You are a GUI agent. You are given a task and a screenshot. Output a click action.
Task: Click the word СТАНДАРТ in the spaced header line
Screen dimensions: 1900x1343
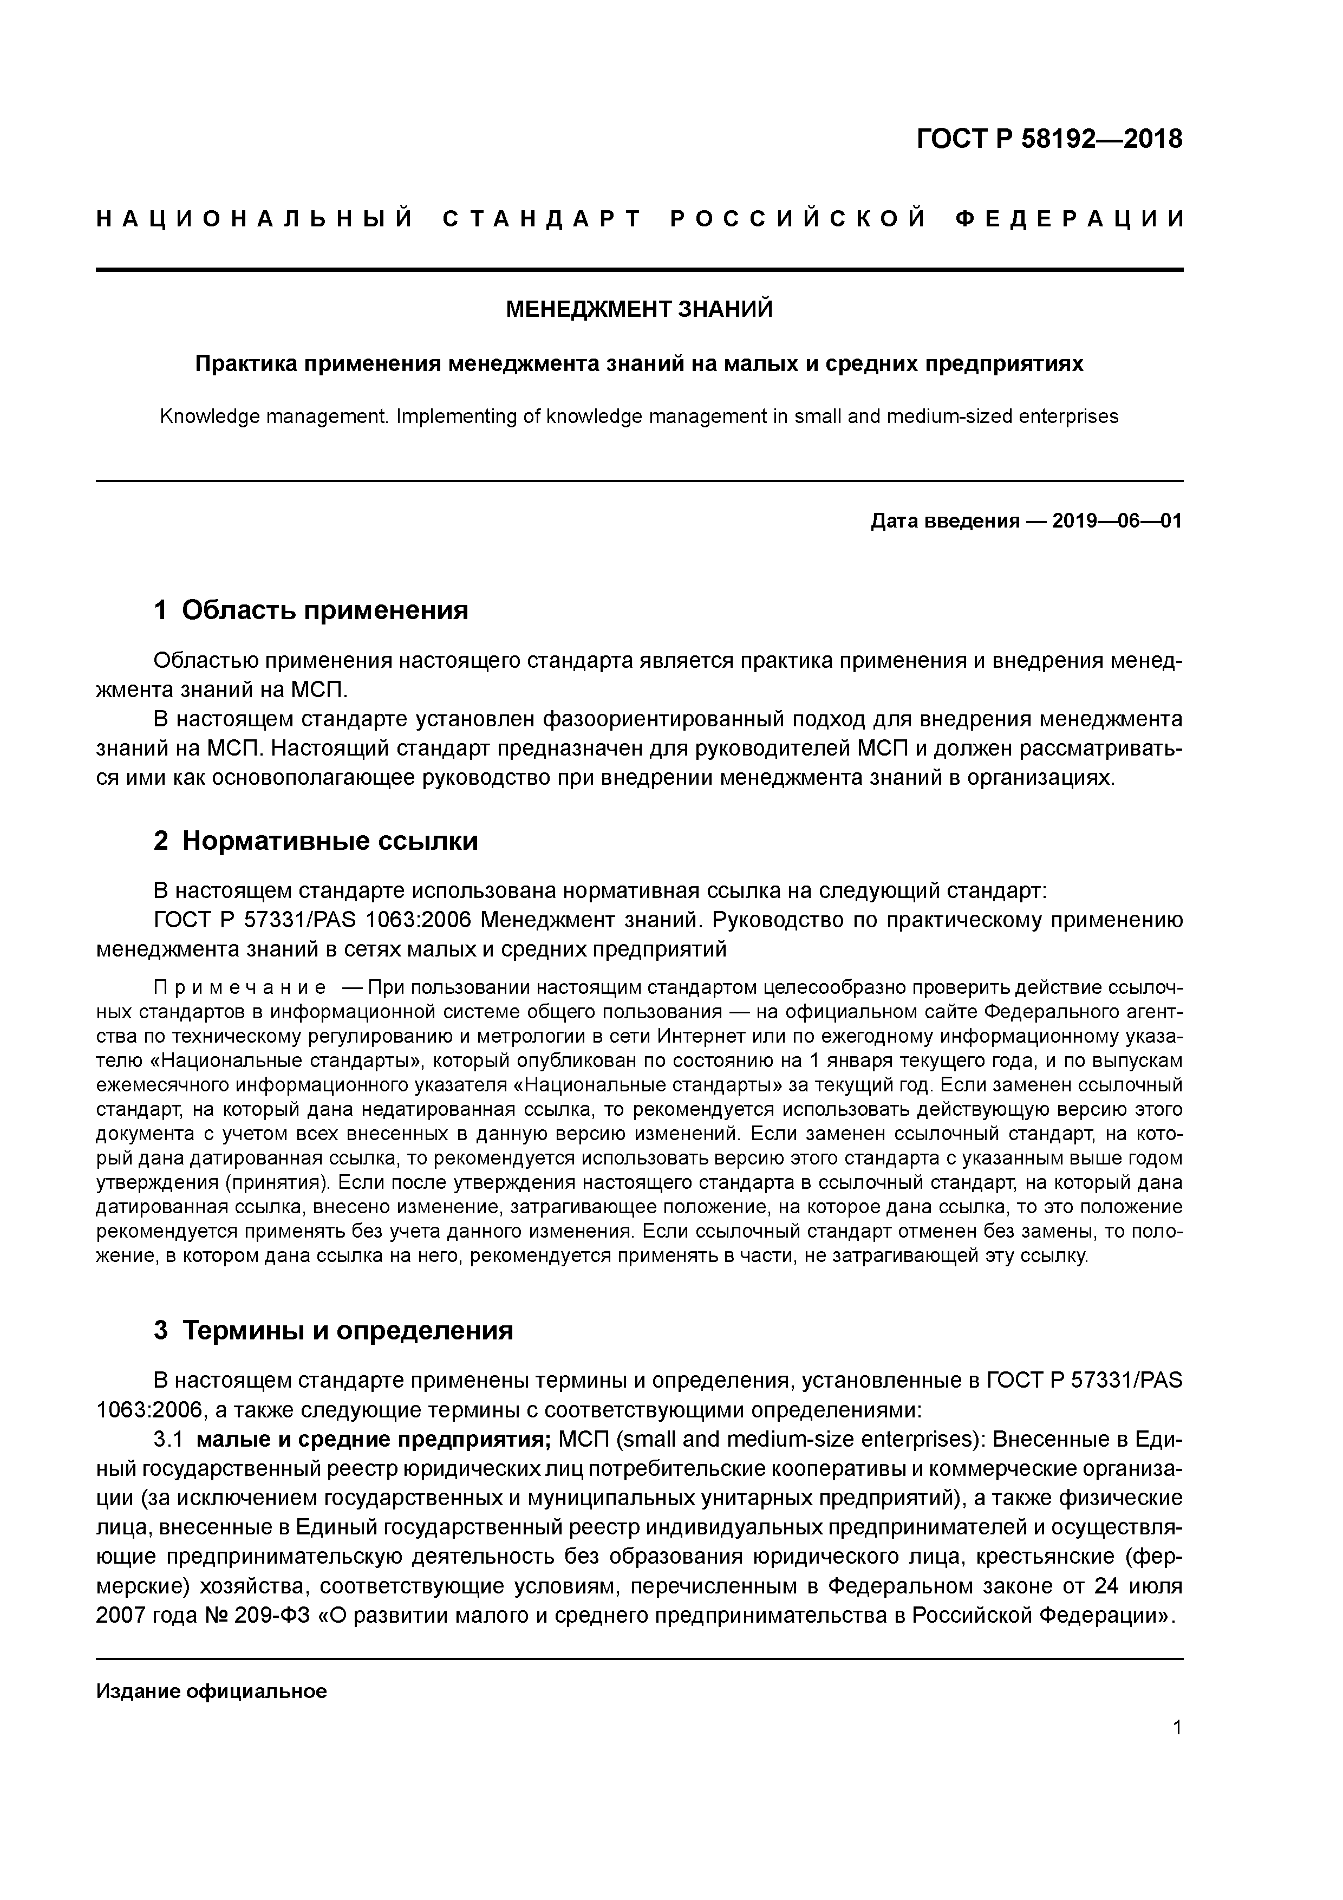[x=542, y=219]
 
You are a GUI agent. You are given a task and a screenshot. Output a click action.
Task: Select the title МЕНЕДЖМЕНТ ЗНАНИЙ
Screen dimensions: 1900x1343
[x=639, y=309]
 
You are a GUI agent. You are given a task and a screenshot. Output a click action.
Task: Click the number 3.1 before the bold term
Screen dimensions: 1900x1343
[x=168, y=1439]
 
